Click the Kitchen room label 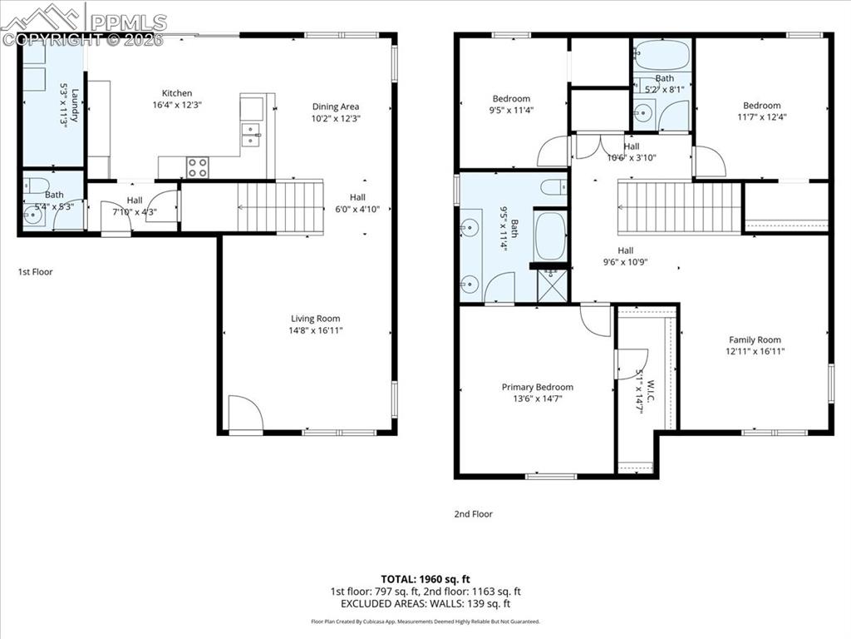pyautogui.click(x=177, y=93)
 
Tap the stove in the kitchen pyautogui.click(x=198, y=167)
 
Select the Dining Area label pyautogui.click(x=336, y=106)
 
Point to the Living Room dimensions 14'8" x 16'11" pyautogui.click(x=315, y=330)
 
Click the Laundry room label pyautogui.click(x=75, y=106)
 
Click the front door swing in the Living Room pyautogui.click(x=245, y=414)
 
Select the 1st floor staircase pyautogui.click(x=280, y=207)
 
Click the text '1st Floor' pyautogui.click(x=36, y=271)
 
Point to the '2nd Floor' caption pyautogui.click(x=473, y=514)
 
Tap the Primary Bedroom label pyautogui.click(x=537, y=387)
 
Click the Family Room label pyautogui.click(x=755, y=339)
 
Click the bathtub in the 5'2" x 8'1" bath pyautogui.click(x=662, y=56)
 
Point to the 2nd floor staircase pyautogui.click(x=679, y=209)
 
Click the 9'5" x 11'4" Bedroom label pyautogui.click(x=511, y=98)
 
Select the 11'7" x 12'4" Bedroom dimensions pyautogui.click(x=762, y=116)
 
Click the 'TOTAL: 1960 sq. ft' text pyautogui.click(x=425, y=578)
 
